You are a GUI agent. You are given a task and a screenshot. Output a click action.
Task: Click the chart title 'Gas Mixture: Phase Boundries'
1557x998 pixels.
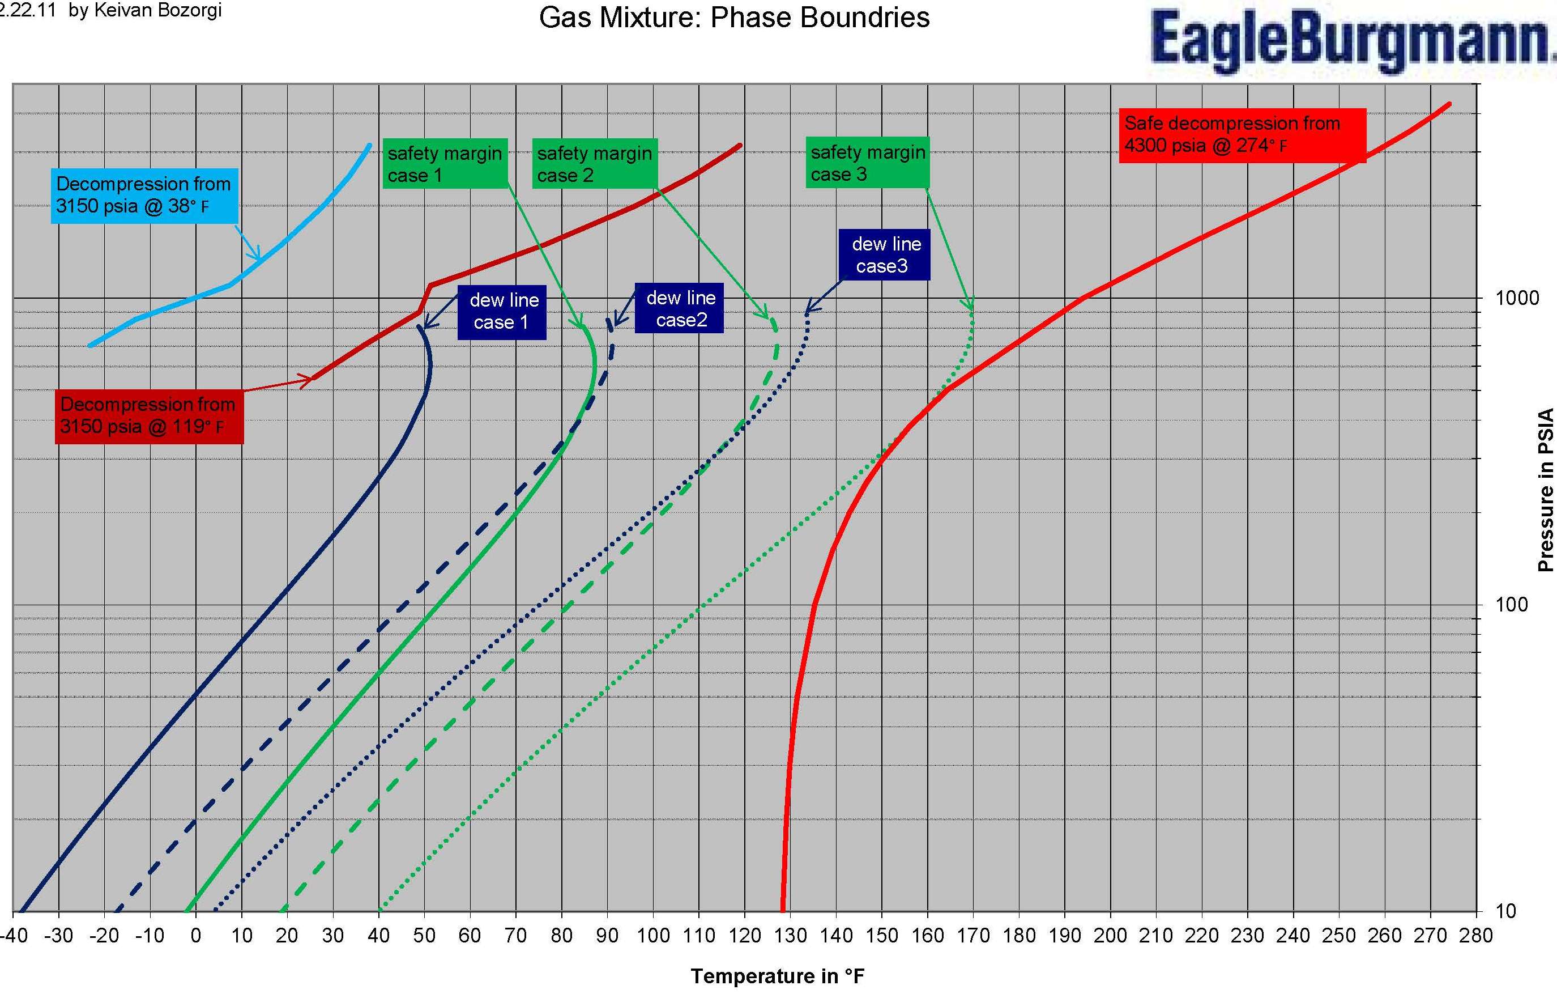(734, 18)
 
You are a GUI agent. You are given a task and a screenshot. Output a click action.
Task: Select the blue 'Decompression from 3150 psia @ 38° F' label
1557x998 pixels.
(144, 195)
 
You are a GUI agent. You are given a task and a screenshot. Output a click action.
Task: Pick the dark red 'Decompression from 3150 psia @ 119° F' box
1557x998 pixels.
(149, 415)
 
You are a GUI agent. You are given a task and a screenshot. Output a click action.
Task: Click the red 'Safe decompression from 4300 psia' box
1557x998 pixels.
(1242, 135)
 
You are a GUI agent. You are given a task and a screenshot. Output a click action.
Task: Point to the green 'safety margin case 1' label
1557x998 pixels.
(445, 164)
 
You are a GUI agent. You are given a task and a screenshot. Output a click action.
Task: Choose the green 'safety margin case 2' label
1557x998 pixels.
(595, 164)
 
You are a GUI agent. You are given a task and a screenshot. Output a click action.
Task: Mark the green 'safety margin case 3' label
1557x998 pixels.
(867, 163)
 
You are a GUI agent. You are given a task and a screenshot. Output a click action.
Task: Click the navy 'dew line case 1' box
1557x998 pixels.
(502, 312)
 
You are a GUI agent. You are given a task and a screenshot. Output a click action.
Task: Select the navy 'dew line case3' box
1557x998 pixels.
(884, 254)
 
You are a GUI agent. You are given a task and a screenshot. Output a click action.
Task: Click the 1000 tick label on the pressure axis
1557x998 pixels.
(1517, 298)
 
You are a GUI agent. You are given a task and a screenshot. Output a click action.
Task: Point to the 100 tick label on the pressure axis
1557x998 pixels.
(1512, 605)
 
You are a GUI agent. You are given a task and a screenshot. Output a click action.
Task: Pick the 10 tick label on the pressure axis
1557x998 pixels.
(1506, 911)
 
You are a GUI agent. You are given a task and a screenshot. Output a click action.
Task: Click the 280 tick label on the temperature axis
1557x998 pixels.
(1476, 936)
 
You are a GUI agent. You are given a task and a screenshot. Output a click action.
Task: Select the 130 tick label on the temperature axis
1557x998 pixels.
(790, 936)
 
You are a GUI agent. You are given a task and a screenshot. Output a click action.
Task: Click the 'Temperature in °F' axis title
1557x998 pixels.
(777, 976)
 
